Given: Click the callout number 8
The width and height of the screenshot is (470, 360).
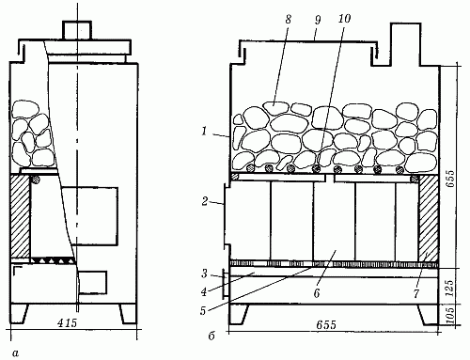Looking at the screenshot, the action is point(288,20).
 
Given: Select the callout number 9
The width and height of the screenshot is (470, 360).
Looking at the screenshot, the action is point(318,20).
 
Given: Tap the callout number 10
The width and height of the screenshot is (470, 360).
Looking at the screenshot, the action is point(344,19).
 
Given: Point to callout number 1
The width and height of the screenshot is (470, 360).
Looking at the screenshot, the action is point(204,131).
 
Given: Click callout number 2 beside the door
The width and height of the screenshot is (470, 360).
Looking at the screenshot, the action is point(205,201).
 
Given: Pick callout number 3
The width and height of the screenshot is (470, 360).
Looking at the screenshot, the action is point(204,274).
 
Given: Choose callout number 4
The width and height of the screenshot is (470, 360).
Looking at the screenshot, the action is point(204,292).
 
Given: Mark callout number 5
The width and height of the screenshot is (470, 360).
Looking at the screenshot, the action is point(203,311).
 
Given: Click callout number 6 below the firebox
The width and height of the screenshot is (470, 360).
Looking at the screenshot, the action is point(317,293).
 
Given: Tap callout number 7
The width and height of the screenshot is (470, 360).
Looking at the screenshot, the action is point(416,293).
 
